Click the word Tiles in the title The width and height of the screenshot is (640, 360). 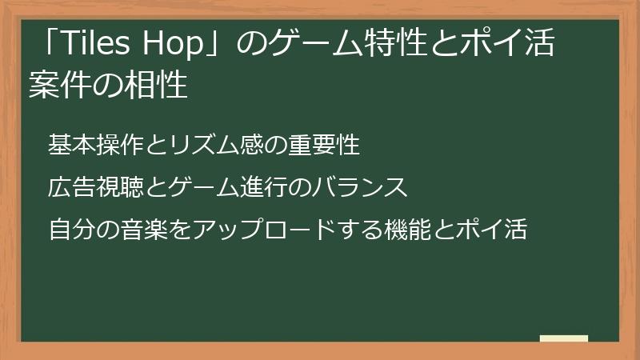pos(94,46)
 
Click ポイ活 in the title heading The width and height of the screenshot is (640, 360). pos(513,46)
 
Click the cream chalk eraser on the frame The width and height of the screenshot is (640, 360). pos(564,339)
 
